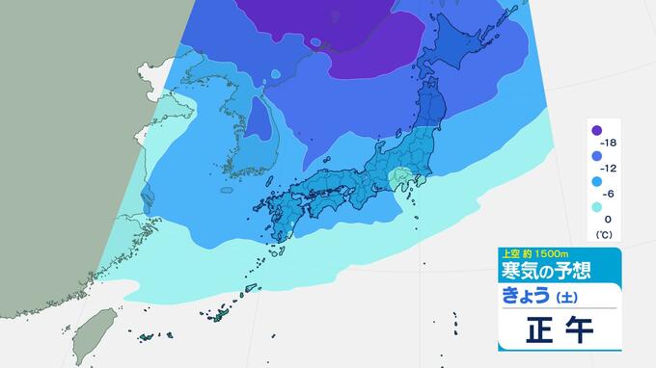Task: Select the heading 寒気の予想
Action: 545,269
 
